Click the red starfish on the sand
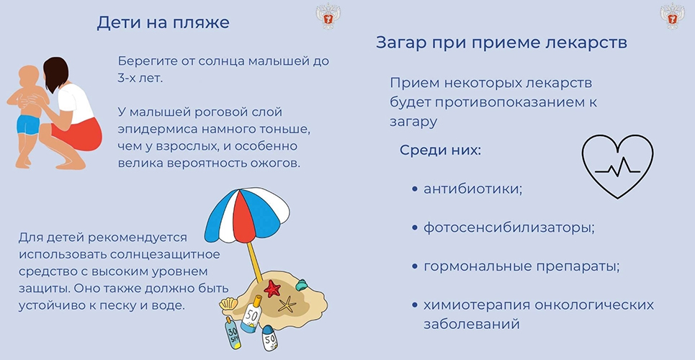click(x=272, y=288)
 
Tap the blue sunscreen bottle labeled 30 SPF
click(x=233, y=333)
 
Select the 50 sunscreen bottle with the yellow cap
click(x=251, y=315)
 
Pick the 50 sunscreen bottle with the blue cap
click(x=269, y=338)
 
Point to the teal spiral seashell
click(x=301, y=284)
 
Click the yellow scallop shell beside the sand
click(x=228, y=304)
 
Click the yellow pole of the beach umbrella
click(x=255, y=262)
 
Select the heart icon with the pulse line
click(x=617, y=166)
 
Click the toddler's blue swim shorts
click(x=28, y=125)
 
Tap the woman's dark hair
click(x=57, y=73)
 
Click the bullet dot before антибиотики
click(x=414, y=189)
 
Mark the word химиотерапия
click(x=477, y=305)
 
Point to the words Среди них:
click(x=440, y=150)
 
